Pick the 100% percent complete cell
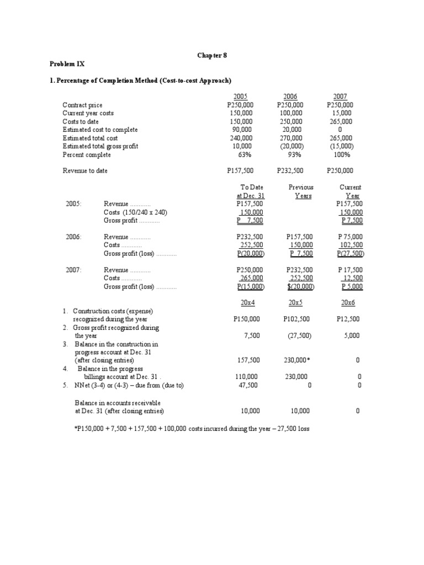click(x=344, y=154)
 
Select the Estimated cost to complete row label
click(x=100, y=130)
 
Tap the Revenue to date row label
click(x=85, y=171)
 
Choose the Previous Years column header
click(x=301, y=191)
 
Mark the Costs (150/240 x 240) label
click(x=135, y=212)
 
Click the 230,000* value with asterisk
click(x=296, y=360)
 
